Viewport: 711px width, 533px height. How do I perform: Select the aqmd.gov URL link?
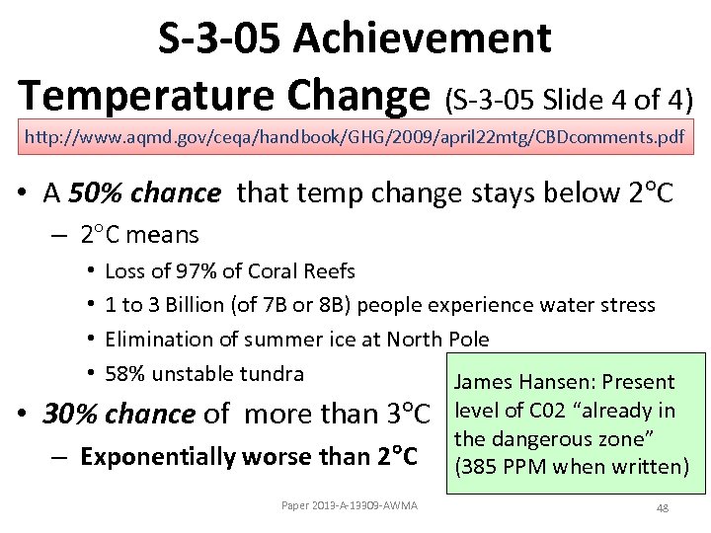point(354,136)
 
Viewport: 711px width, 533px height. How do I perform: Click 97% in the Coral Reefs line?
point(202,270)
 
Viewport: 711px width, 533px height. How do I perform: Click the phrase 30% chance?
point(119,413)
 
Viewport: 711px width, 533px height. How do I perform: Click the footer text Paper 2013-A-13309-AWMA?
point(350,506)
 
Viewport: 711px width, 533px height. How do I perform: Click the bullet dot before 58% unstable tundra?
point(91,374)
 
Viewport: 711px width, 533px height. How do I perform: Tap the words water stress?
point(603,305)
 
